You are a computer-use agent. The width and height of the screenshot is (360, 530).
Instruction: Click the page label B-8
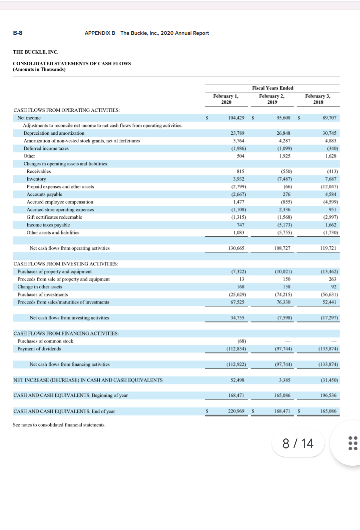18,33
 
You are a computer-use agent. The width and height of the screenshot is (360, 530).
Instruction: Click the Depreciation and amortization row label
54,133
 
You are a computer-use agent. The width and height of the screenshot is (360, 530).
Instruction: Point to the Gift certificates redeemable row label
55,217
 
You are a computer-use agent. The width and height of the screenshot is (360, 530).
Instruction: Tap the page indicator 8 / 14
298,443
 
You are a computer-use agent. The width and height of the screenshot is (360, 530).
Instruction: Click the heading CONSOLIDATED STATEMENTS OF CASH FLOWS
72,63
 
